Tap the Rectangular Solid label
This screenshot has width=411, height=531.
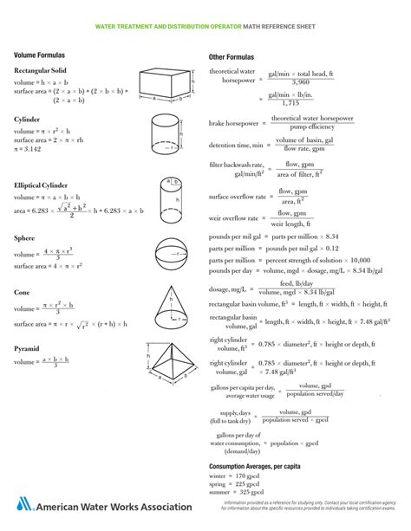[x=40, y=70]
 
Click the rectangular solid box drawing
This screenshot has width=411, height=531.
[x=166, y=85]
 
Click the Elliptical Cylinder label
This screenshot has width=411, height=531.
[x=42, y=185]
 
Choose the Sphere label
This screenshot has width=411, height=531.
[x=25, y=236]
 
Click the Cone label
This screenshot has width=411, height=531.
[x=23, y=293]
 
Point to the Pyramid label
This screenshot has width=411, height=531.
[x=27, y=348]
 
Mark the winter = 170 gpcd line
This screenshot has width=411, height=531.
[x=238, y=476]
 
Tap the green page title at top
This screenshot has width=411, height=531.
[x=205, y=28]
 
